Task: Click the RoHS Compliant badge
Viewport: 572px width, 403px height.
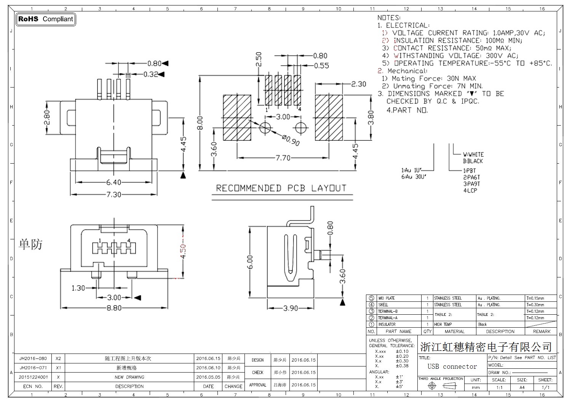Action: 46,19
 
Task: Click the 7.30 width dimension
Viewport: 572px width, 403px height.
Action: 114,194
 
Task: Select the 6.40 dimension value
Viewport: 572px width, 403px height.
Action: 114,182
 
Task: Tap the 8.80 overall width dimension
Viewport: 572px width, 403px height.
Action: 114,308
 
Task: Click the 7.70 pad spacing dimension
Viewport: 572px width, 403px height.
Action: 283,158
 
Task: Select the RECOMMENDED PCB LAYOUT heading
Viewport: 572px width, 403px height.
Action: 281,188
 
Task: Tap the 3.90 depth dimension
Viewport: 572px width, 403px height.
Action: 290,308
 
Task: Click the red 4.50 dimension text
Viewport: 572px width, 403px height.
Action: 183,251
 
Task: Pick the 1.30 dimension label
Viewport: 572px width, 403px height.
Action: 78,288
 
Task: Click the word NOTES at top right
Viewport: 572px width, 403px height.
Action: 389,18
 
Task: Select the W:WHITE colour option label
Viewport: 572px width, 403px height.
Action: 473,155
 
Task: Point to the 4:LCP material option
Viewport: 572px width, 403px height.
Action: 470,190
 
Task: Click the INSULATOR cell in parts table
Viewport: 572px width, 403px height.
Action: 387,324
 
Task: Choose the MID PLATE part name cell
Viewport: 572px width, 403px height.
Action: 387,298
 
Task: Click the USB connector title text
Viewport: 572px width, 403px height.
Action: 452,366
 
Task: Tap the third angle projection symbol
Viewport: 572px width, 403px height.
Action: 441,386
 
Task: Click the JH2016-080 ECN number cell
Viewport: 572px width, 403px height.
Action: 33,358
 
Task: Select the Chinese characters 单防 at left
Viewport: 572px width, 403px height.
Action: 30,244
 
